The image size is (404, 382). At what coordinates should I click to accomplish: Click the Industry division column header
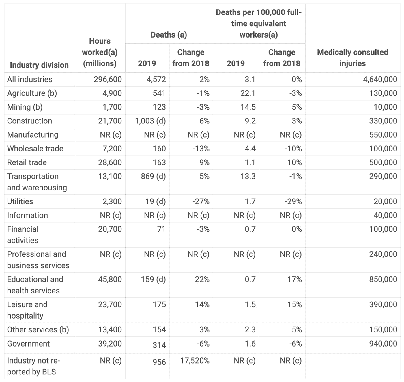pos(39,65)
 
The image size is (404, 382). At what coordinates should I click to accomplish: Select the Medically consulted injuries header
pos(353,58)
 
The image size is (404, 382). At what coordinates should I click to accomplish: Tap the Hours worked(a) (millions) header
pos(100,52)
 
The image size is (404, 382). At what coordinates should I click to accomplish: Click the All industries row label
pos(30,79)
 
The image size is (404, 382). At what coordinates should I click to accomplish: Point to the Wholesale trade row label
pos(35,149)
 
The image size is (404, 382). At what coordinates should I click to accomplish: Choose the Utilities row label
pos(20,201)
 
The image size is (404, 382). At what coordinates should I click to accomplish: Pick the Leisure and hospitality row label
pos(27,310)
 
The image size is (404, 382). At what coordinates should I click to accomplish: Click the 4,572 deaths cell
pos(156,79)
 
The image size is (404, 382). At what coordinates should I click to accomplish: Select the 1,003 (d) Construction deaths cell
pos(150,121)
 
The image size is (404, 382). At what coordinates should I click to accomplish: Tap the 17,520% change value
pos(195,361)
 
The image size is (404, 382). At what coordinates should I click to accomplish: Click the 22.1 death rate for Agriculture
pos(248,93)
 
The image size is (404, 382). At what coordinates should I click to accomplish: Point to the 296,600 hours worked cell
pos(108,79)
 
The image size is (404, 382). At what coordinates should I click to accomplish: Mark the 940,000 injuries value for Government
pos(383,344)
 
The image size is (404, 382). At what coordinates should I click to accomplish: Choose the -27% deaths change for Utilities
pos(201,201)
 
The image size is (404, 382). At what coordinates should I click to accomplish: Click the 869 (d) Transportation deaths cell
pos(153,176)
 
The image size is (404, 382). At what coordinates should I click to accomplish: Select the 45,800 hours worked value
pos(110,280)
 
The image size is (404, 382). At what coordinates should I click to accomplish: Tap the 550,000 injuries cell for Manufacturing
pos(383,135)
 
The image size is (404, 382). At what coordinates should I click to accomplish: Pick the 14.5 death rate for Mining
pos(248,107)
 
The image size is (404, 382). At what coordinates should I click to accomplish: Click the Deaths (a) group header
pos(169,35)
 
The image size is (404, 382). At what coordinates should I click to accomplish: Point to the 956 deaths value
pos(159,362)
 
